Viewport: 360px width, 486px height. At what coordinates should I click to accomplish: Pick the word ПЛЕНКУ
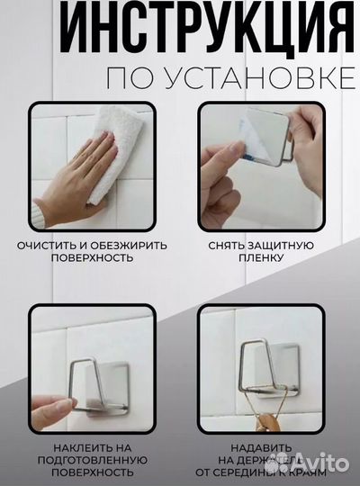coord(262,257)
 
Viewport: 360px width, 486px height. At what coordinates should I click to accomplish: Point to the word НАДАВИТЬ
coord(262,446)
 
